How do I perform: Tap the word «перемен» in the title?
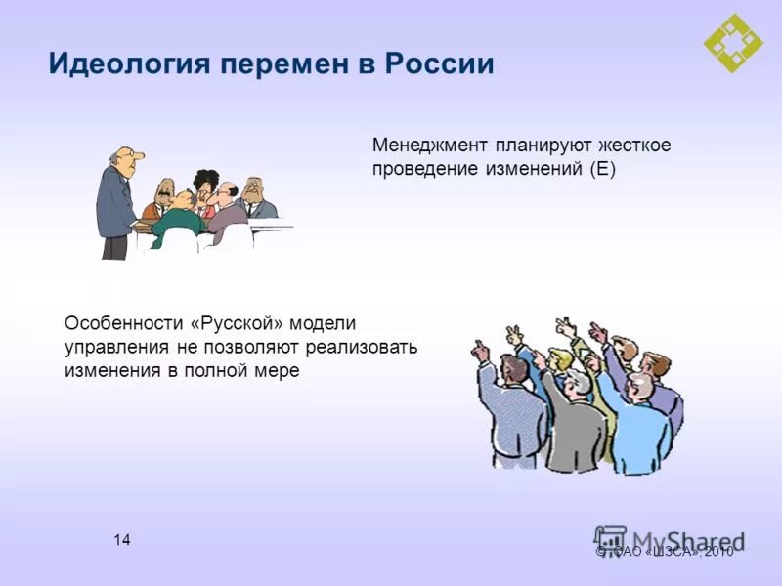291,65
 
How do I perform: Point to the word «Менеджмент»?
427,145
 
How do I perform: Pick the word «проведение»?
420,169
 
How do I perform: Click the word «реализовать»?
364,347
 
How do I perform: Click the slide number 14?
122,540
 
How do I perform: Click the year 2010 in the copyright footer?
717,552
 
